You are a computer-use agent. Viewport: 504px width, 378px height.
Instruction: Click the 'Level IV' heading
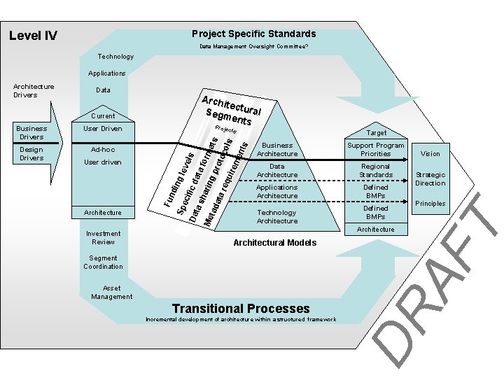pos(33,36)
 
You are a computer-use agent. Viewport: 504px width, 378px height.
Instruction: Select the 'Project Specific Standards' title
pos(253,34)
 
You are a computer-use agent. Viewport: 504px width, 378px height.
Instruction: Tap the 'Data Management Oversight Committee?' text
pos(253,47)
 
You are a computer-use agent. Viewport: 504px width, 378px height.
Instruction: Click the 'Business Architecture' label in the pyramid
pos(277,149)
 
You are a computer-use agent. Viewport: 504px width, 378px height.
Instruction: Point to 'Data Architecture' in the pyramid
pos(277,170)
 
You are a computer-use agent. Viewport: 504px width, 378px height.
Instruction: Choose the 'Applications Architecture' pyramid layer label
pos(277,191)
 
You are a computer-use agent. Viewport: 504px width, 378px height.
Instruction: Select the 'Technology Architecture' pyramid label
pos(277,216)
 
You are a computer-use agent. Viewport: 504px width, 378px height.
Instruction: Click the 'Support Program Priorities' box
pos(375,149)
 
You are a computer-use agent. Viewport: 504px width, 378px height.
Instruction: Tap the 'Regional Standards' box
pos(375,170)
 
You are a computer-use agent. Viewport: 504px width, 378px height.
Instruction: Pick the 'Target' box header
pos(375,132)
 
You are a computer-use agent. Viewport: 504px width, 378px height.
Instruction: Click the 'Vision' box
pos(430,153)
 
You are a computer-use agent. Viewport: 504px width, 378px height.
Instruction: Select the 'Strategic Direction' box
pos(430,178)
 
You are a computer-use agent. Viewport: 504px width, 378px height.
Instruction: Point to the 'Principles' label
pos(430,204)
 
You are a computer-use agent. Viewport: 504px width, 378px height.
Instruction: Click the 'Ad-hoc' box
pos(103,149)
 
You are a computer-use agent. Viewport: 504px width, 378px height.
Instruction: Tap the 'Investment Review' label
pos(103,237)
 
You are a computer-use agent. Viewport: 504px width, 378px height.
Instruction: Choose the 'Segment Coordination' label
pos(103,262)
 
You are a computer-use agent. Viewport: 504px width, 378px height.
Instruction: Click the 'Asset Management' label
pos(111,292)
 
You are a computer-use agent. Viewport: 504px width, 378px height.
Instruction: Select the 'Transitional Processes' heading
pos(241,308)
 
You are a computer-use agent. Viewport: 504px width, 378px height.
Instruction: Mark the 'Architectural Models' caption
pos(274,242)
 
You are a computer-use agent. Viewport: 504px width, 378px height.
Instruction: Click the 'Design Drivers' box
pos(31,153)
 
